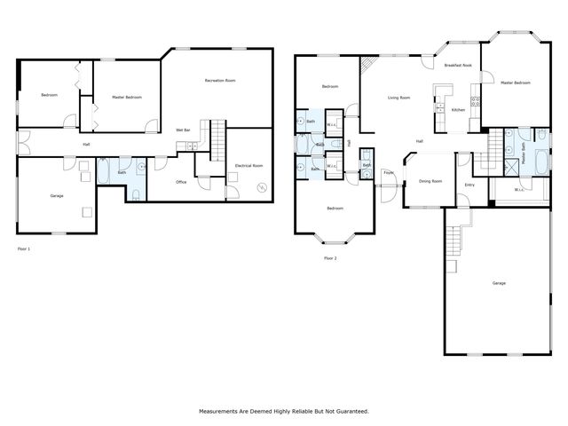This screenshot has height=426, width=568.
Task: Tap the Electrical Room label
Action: pos(248,165)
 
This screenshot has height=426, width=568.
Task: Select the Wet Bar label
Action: pos(184,130)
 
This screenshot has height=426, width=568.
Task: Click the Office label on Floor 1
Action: pos(180,182)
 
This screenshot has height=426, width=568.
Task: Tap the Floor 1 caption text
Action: pos(24,249)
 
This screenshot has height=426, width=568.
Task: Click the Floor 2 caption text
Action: pos(330,258)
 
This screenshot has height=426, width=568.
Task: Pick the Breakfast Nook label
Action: pos(458,66)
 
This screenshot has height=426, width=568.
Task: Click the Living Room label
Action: pos(398,98)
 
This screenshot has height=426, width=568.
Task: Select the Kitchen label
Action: pos(458,109)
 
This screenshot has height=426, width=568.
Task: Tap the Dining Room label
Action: pos(430,181)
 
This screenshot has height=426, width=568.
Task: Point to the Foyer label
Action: pos(388,172)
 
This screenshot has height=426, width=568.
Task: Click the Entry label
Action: pos(469,185)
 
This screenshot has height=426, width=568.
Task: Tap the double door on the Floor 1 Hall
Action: pos(24,142)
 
